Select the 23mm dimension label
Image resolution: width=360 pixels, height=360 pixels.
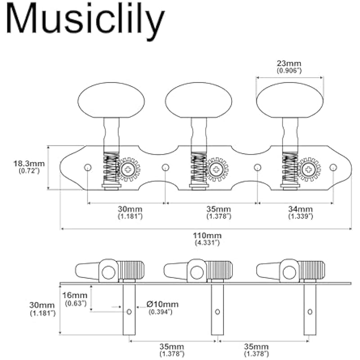pos(289,63)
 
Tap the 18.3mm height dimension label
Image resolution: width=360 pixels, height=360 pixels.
pos(27,164)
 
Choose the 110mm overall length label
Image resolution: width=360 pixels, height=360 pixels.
pos(207,236)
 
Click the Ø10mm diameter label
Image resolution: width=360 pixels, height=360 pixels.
pos(162,305)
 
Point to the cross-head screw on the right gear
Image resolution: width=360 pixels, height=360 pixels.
pos(309,170)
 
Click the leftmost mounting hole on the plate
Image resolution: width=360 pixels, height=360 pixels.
pos(88,168)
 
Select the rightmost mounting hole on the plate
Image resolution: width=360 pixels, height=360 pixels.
pos(333,167)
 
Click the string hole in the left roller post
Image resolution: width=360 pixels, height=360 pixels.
pos(129,311)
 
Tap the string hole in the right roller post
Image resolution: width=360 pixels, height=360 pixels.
pos(310,311)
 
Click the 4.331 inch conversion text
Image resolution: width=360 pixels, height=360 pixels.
pos(207,243)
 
